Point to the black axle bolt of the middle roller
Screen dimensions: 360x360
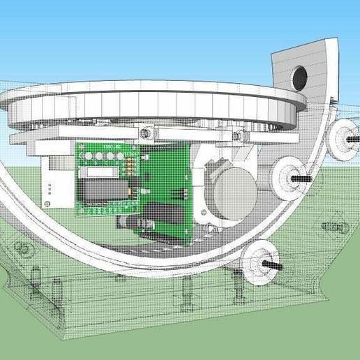pos(306,178)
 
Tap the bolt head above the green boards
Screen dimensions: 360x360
pos(147,130)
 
